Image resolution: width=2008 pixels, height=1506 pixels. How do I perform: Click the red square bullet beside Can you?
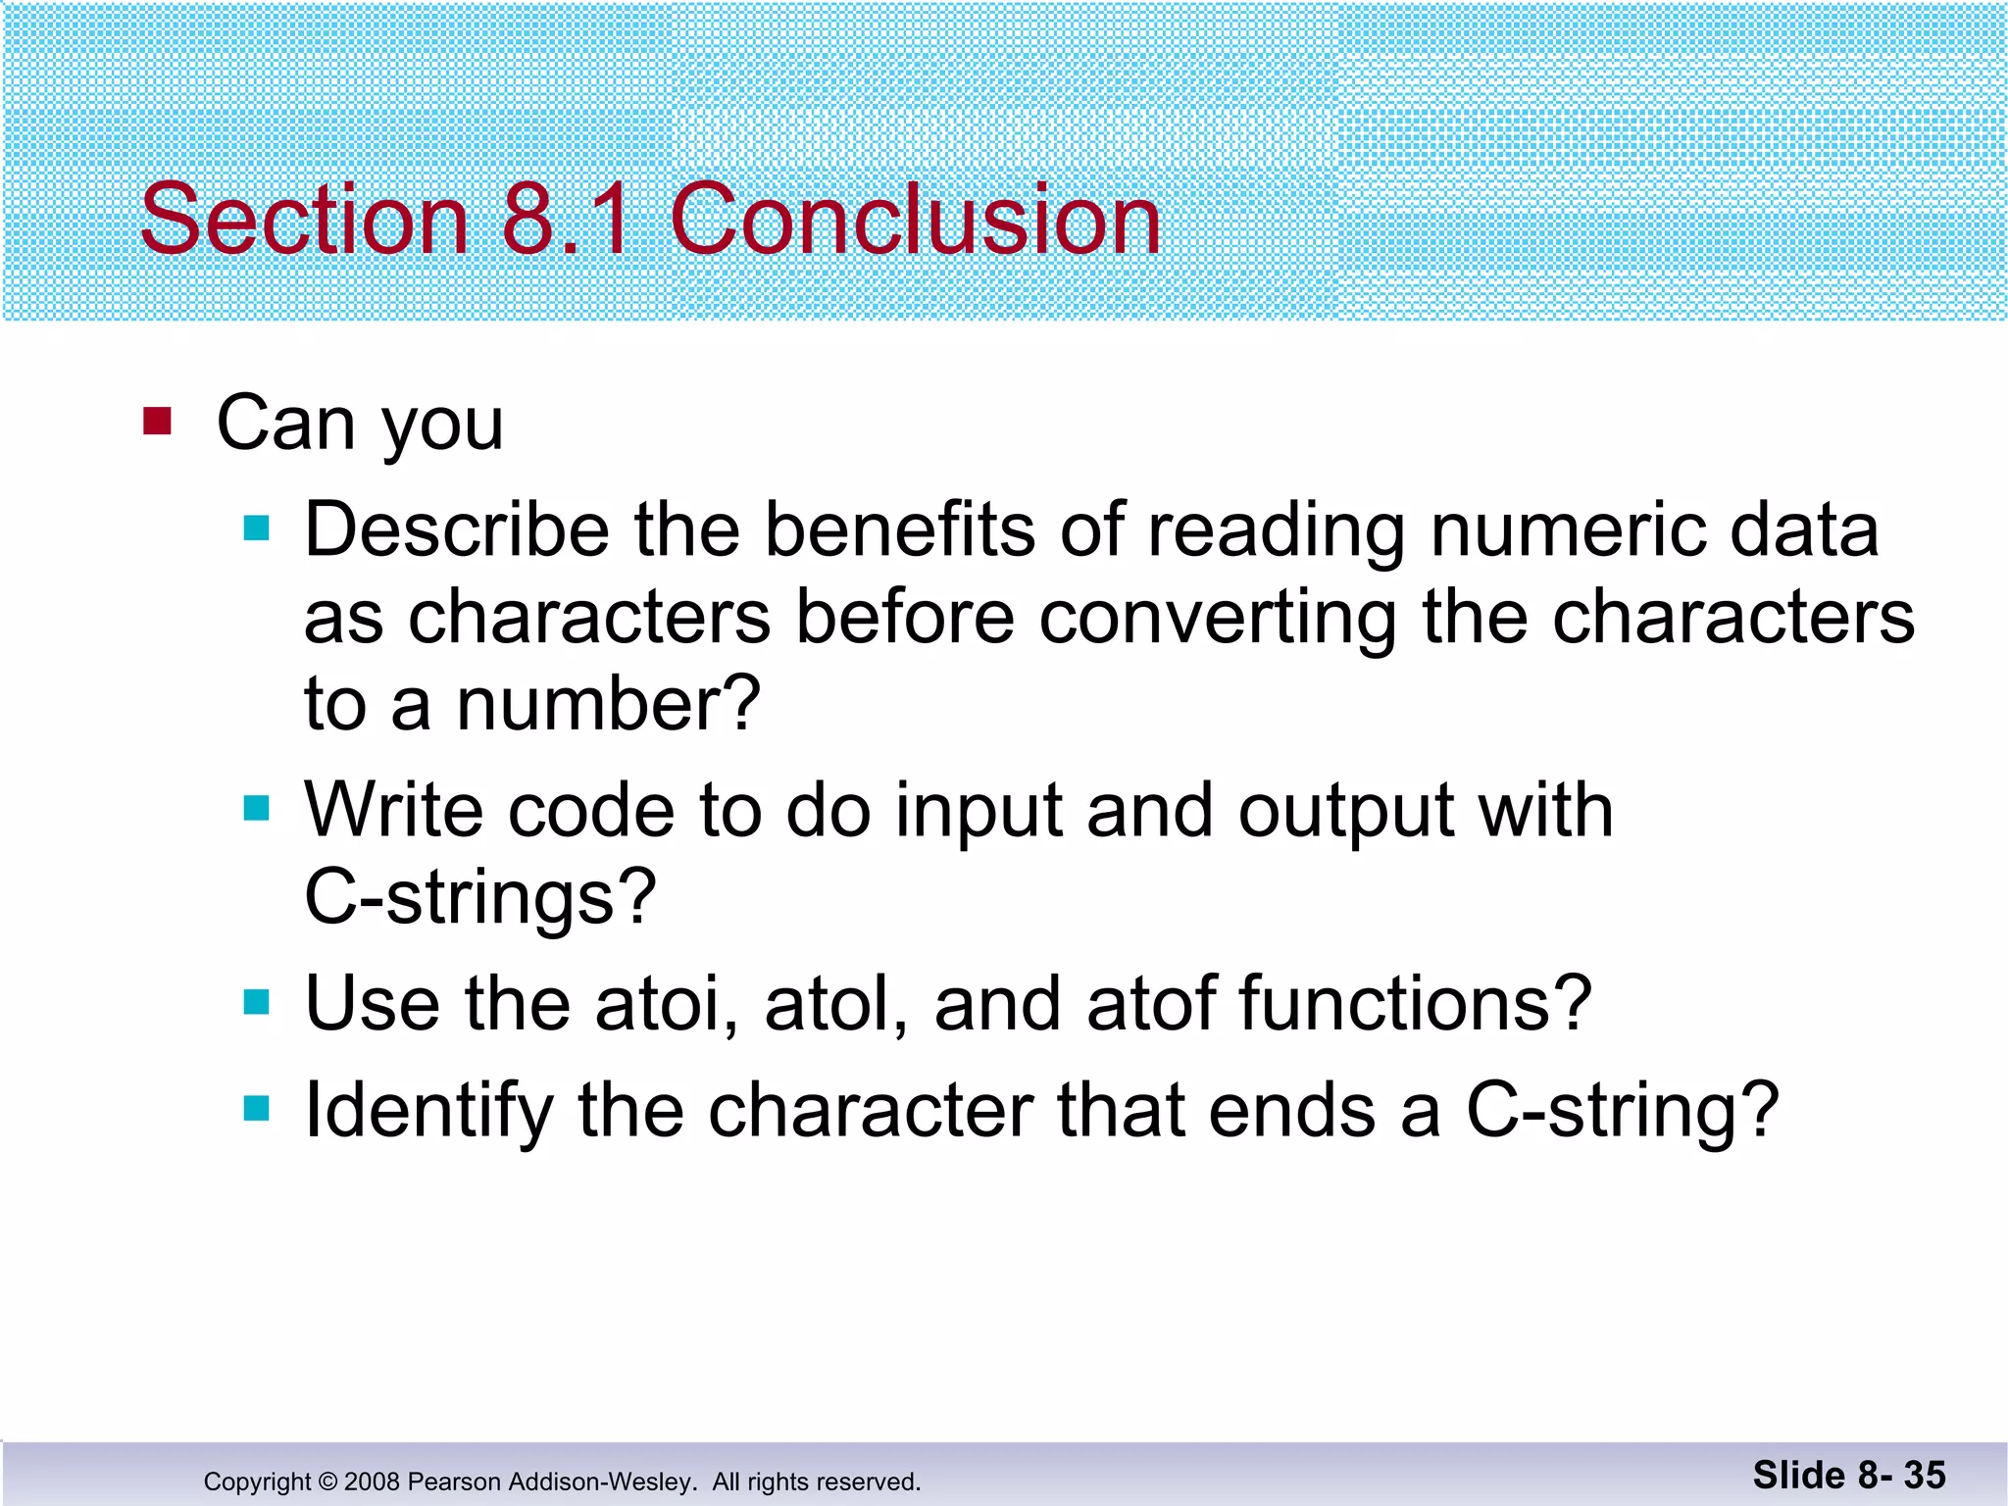click(157, 422)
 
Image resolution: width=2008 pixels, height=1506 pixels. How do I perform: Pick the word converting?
click(1217, 619)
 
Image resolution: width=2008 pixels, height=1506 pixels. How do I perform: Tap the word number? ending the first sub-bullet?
click(609, 704)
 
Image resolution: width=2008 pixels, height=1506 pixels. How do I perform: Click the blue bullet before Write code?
click(257, 809)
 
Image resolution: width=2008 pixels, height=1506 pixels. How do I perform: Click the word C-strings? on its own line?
click(479, 897)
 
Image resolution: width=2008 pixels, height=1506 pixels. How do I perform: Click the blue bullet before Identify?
click(257, 1109)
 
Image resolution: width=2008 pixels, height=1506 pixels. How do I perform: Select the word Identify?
click(429, 1111)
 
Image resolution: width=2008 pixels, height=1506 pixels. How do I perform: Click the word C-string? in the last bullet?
click(1623, 1111)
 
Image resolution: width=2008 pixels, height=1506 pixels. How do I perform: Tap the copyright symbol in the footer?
click(327, 1481)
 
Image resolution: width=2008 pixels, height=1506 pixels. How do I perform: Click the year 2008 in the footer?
click(372, 1481)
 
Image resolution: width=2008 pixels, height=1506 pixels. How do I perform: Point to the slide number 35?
click(1924, 1476)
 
